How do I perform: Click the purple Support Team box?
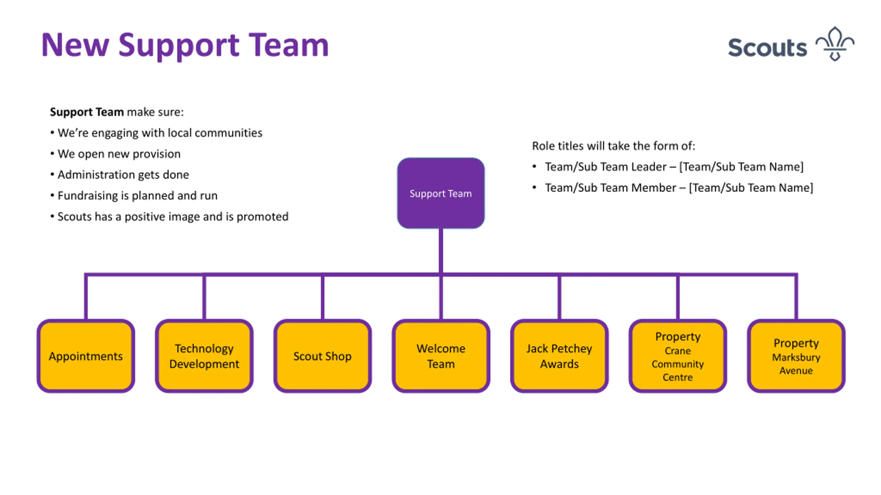pos(440,193)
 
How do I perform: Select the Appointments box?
pos(86,356)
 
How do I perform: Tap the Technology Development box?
pos(204,356)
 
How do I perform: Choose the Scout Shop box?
pos(322,356)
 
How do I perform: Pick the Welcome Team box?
pos(441,356)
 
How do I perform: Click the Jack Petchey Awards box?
pos(559,356)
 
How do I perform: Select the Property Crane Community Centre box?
pos(678,356)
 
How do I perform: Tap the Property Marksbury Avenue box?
pos(796,356)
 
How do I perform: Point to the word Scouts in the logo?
pos(767,47)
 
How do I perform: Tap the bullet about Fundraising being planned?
pos(134,196)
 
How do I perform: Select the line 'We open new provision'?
pos(115,154)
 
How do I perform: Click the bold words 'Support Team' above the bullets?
pos(87,112)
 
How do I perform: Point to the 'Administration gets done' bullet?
pos(119,175)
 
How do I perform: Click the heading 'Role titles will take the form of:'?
pos(614,146)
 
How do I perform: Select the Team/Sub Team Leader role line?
pos(668,167)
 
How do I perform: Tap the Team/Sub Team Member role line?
pos(673,188)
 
